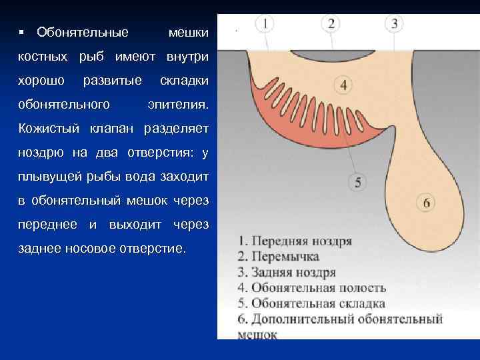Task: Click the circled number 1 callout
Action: coord(265,24)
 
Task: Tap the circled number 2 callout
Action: coord(331,24)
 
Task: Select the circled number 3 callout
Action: coord(394,24)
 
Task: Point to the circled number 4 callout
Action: coord(344,85)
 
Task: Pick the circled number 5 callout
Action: coord(358,181)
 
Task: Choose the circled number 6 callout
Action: coord(426,201)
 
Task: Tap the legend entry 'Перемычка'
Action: coord(278,257)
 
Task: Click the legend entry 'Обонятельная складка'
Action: coord(312,304)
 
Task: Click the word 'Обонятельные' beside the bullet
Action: coord(83,32)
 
